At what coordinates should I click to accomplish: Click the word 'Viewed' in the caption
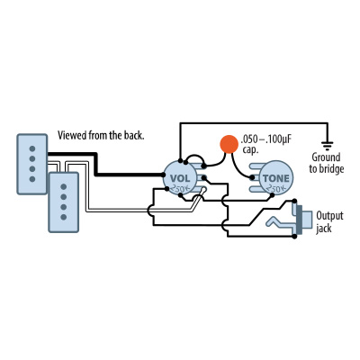tap(75, 135)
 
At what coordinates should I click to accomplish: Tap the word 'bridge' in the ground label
tap(326, 169)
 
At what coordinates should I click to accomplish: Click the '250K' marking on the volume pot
tap(179, 190)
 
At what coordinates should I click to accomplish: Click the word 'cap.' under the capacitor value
tap(250, 150)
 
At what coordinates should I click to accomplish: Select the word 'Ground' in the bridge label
tap(326, 157)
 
